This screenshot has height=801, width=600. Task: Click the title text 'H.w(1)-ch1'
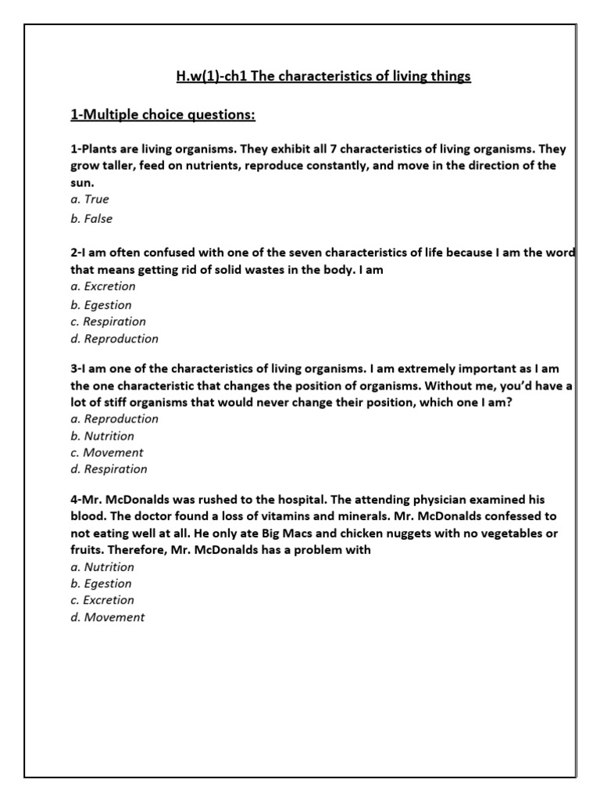pyautogui.click(x=205, y=77)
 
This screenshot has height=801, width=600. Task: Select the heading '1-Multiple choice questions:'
pyautogui.click(x=162, y=116)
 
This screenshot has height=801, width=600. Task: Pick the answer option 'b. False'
pyautogui.click(x=91, y=219)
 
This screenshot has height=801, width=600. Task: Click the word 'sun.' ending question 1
pyautogui.click(x=83, y=181)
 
